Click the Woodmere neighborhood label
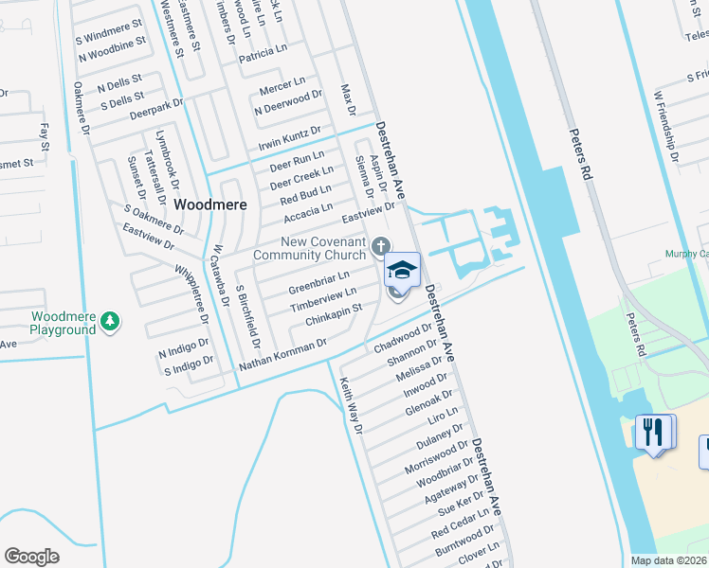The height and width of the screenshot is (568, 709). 210,204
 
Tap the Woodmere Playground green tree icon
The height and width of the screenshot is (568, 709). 111,321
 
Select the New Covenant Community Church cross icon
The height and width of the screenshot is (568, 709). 380,247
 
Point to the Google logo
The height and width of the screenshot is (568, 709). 32,557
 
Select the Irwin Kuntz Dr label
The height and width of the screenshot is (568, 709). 289,138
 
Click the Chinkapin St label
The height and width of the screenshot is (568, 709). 334,315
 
